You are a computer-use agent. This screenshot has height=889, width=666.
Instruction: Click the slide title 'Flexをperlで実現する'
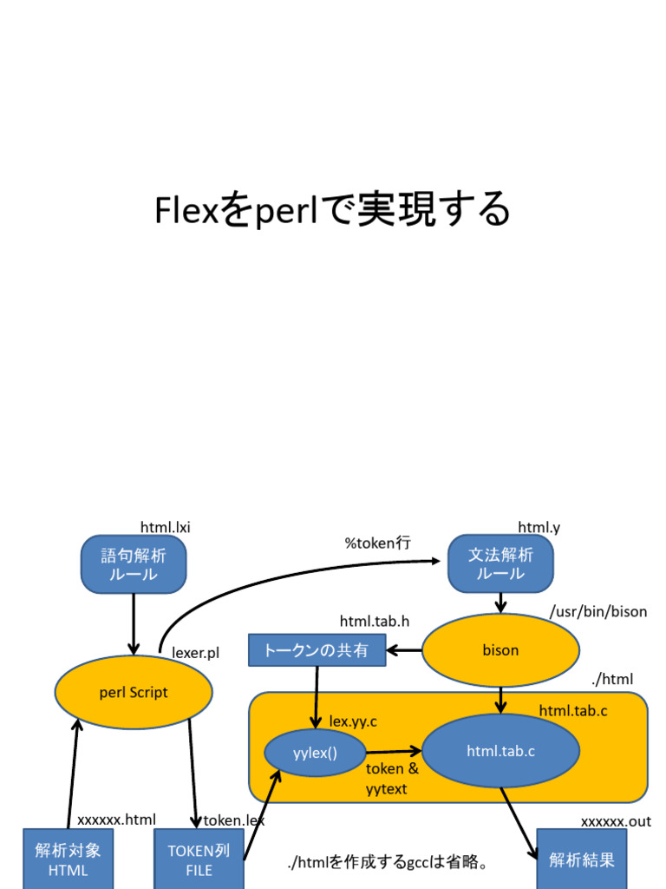point(332,210)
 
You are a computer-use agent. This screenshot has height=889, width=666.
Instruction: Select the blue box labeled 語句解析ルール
point(134,564)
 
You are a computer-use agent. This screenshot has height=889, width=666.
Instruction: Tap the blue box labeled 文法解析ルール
point(500,564)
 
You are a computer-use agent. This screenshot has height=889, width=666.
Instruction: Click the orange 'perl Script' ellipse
point(134,692)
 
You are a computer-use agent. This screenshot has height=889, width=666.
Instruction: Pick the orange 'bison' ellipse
point(500,650)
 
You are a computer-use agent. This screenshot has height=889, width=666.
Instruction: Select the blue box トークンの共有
point(317,650)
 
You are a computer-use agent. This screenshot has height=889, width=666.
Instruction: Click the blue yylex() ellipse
point(315,753)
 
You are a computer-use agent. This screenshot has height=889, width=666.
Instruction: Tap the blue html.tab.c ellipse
point(500,752)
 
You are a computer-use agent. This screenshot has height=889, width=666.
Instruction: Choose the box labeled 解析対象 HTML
point(68,859)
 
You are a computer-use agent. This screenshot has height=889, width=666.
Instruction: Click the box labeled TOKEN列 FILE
point(199,859)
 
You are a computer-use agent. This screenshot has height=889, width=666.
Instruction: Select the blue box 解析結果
point(582,859)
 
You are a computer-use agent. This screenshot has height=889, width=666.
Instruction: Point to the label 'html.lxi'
point(165,527)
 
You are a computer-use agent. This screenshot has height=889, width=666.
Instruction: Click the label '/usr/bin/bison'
point(597,611)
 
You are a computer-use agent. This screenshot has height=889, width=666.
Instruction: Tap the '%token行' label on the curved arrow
point(377,543)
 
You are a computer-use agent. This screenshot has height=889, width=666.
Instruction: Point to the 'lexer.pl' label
point(195,653)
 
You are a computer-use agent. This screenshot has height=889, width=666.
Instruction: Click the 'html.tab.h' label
point(374,621)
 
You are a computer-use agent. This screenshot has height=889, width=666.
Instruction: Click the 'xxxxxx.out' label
point(615,821)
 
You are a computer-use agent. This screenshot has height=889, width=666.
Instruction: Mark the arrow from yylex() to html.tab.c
point(393,752)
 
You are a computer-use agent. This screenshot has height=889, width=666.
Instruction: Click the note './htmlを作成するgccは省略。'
point(387,863)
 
